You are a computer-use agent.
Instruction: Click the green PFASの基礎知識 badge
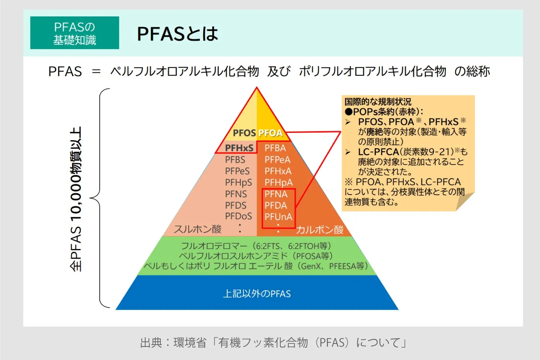[x=75, y=33]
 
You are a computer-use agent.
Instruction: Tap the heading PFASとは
[x=177, y=34]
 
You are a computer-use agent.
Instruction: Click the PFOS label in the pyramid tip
[x=244, y=133]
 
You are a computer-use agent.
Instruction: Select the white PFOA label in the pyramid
[x=270, y=133]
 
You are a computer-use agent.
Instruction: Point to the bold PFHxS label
[x=239, y=148]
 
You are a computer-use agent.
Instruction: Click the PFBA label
[x=275, y=148]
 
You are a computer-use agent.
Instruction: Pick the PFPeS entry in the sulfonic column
[x=237, y=171]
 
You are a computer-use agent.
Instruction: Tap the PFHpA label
[x=278, y=183]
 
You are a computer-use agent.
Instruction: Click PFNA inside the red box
[x=276, y=194]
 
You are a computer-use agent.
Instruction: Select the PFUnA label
[x=278, y=217]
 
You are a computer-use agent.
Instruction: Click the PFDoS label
[x=238, y=216]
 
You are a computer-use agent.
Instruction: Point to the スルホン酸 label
[x=198, y=229]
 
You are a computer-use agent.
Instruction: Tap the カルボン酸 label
[x=319, y=230]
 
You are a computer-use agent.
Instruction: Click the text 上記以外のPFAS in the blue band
[x=256, y=294]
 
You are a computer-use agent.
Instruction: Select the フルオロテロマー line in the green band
[x=256, y=246]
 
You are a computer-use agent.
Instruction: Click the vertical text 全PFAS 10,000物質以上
[x=76, y=199]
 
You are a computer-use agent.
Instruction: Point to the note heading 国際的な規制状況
[x=378, y=102]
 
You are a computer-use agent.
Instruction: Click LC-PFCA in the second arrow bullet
[x=378, y=152]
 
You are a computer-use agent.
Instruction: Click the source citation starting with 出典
[x=273, y=342]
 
